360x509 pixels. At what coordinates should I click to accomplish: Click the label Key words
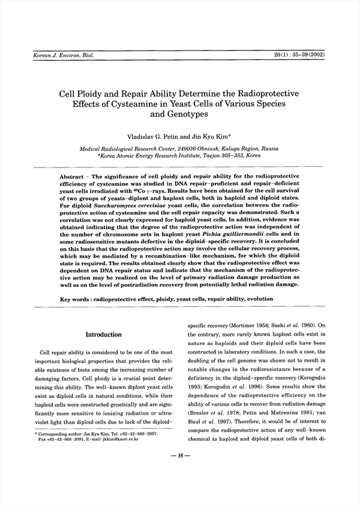pos(76,299)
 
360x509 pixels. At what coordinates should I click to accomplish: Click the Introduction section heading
pos(103,334)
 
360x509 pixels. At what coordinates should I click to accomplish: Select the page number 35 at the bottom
pos(180,457)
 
